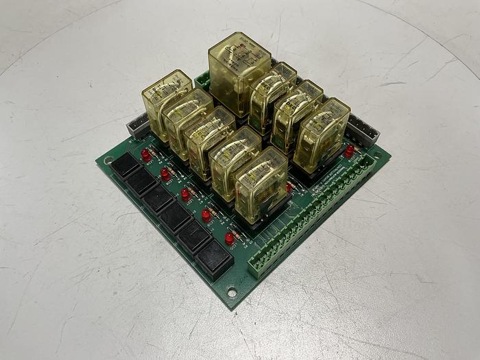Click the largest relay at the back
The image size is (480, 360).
click(239, 72)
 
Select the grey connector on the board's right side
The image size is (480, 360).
click(363, 129)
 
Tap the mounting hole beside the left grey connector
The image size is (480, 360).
click(108, 162)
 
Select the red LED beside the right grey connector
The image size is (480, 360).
click(349, 150)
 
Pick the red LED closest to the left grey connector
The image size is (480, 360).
click(146, 156)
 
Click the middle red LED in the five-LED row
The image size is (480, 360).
click(185, 195)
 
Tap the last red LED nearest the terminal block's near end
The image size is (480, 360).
click(229, 239)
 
